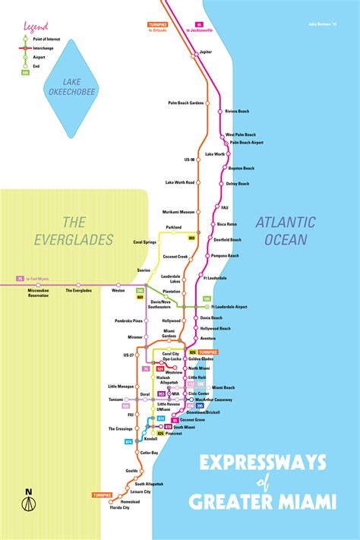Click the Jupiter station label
point(206,52)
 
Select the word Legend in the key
point(36,27)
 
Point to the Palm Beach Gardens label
point(186,103)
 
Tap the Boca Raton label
point(227,224)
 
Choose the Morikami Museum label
point(178,212)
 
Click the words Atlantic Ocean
point(284,231)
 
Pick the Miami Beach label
point(223,387)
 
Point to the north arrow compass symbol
point(28,504)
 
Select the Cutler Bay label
point(150,453)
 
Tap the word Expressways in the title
point(264,463)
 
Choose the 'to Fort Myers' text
point(38,279)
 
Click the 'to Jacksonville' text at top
point(199,30)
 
